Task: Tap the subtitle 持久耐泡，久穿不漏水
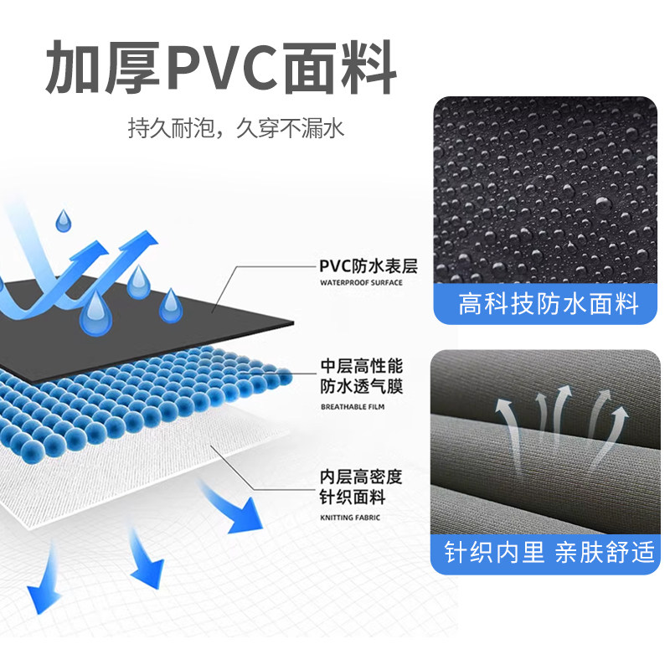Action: point(235,129)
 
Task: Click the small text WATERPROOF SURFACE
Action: point(361,283)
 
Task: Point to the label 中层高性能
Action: point(362,367)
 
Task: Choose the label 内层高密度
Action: point(362,477)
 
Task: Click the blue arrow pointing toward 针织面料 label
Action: point(234,507)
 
